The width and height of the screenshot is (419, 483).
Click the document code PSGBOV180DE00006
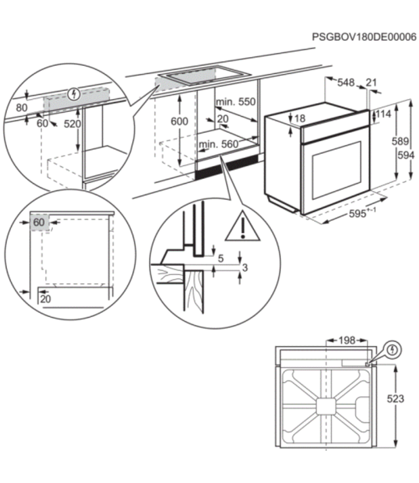click(364, 38)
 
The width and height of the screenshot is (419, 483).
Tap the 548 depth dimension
click(346, 82)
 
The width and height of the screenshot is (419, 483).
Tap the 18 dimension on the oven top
click(300, 118)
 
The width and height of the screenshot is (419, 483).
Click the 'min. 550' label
click(236, 102)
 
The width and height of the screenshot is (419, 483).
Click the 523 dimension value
click(395, 399)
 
